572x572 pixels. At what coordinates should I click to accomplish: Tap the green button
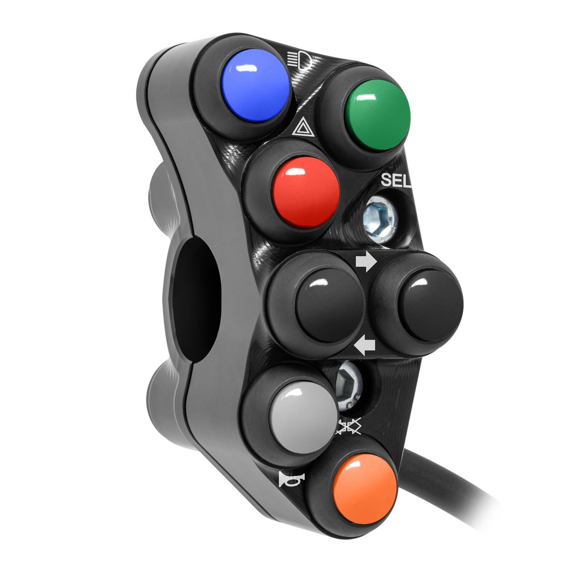point(377,115)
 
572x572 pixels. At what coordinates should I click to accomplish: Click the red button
point(306,193)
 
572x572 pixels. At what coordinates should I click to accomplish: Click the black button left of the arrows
point(329,305)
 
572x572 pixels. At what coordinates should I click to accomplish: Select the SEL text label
point(396,180)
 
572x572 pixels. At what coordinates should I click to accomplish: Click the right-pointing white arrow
point(366,262)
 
